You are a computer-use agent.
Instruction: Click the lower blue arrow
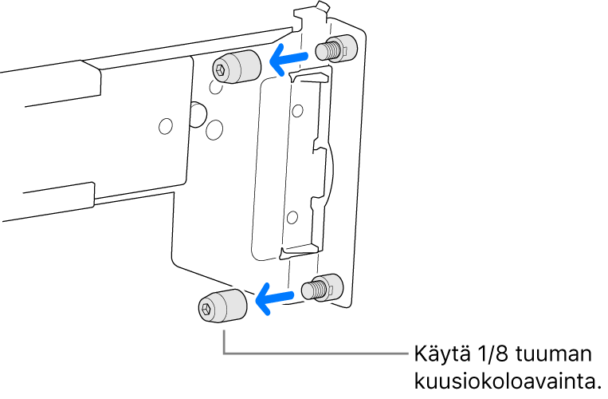point(274,298)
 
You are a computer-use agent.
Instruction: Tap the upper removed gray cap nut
point(236,67)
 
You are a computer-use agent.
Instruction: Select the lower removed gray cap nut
point(222,306)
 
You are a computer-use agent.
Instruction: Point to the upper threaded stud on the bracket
point(335,49)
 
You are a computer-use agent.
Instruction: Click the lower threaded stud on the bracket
point(322,287)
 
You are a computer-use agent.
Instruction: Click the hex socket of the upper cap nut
point(220,70)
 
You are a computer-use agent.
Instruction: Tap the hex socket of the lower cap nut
point(206,309)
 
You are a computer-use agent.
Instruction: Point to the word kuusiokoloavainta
point(504,381)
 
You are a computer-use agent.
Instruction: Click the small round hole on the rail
point(166,126)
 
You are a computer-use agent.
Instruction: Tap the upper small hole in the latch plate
point(297,111)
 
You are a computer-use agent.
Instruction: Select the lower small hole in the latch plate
point(292,217)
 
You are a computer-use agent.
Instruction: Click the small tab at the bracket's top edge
point(323,6)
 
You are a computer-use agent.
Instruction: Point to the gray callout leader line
point(224,353)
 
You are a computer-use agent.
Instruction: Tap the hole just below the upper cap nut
point(215,86)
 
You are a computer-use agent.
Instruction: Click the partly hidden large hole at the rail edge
point(198,114)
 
